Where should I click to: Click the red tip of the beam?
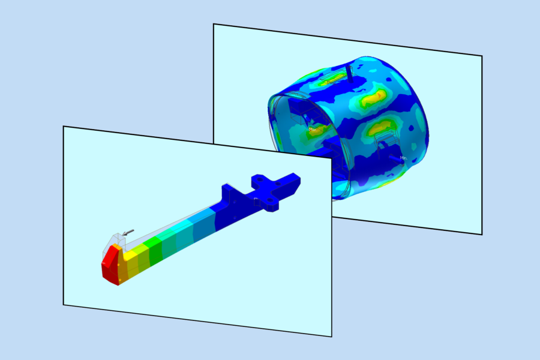point(109,267)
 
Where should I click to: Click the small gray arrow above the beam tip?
point(127,232)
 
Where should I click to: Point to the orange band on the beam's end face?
point(122,272)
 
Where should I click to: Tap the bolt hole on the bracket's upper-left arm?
point(259,178)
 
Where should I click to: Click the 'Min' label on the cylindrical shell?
point(404,158)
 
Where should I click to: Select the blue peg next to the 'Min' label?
point(392,157)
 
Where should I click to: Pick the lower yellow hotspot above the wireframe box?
point(380,126)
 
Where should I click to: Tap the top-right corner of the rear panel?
point(482,56)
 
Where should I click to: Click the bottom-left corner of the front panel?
point(64,305)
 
